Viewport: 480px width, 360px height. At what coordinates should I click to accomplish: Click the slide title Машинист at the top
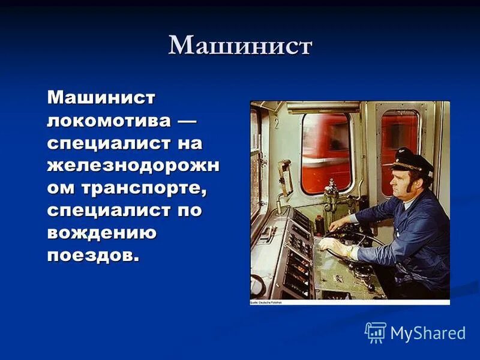click(x=240, y=47)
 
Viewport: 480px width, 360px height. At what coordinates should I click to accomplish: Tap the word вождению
click(x=102, y=233)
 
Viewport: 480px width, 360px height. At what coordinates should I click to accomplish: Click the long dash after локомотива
click(x=187, y=120)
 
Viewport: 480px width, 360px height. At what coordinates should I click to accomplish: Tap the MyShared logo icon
click(x=376, y=332)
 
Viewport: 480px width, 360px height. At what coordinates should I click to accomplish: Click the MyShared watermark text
click(x=428, y=334)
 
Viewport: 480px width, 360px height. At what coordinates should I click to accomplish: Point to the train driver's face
click(x=402, y=186)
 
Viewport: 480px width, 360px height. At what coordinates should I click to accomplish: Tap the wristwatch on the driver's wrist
click(x=350, y=251)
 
